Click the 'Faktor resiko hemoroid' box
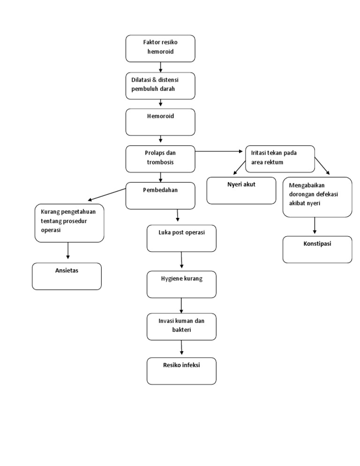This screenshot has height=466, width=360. click(160, 48)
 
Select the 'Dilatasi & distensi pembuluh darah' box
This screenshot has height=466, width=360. click(160, 85)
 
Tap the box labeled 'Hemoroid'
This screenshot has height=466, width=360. click(160, 122)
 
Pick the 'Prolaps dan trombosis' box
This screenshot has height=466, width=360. click(160, 158)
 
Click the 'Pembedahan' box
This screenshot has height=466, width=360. click(160, 195)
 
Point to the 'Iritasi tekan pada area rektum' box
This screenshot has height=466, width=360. click(280, 158)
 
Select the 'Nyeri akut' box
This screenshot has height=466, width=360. click(241, 190)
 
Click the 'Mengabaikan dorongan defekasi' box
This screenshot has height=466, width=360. click(317, 197)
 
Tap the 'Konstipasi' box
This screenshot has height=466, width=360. click(317, 249)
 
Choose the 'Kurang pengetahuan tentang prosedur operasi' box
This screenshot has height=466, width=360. click(69, 223)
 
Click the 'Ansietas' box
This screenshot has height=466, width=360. click(67, 276)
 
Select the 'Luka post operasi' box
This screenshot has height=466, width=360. click(181, 238)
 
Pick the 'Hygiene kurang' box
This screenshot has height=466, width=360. click(181, 284)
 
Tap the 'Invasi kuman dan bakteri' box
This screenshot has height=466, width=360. click(181, 326)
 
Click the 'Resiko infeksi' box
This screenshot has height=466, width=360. click(181, 371)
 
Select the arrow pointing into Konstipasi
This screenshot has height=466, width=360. click(315, 225)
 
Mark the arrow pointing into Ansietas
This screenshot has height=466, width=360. click(68, 250)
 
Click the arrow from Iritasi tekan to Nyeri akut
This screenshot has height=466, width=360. click(239, 167)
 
